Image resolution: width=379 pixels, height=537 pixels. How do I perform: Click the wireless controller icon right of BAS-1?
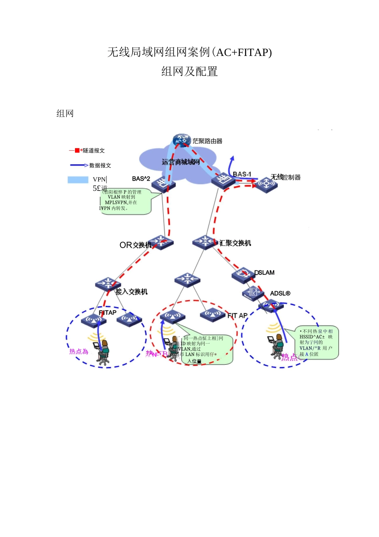click(x=266, y=184)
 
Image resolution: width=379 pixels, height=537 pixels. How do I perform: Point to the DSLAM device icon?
click(x=243, y=274)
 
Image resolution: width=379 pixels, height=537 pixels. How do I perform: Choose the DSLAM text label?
click(x=265, y=272)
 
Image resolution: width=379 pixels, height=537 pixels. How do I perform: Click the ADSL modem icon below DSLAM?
click(x=253, y=293)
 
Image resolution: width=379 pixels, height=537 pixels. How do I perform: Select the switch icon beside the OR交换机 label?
click(x=161, y=242)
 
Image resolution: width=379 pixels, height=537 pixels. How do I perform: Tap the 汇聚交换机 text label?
click(x=235, y=243)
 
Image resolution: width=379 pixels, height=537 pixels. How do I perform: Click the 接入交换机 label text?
click(x=132, y=292)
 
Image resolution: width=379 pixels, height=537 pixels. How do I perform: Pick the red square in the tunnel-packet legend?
click(x=77, y=151)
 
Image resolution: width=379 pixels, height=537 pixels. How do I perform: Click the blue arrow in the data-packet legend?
click(x=79, y=165)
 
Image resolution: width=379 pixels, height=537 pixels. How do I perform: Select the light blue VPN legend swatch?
click(x=78, y=180)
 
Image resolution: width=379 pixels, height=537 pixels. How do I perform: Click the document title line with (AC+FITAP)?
click(x=189, y=52)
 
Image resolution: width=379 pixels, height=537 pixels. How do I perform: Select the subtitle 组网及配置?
click(x=189, y=72)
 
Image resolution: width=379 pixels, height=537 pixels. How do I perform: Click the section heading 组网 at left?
click(x=65, y=113)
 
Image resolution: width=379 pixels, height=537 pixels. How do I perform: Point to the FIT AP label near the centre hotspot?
click(x=237, y=316)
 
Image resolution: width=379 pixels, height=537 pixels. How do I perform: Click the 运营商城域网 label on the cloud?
click(x=181, y=162)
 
